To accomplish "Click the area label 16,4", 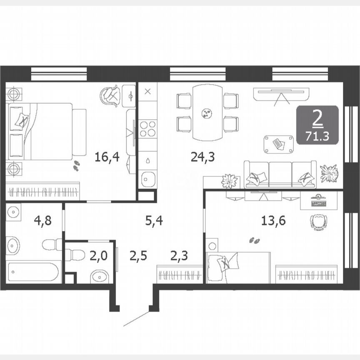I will point(107,157).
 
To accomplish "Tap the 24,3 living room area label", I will point(202,157).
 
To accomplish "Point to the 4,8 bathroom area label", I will point(42,221).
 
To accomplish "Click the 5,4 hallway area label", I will point(154,221).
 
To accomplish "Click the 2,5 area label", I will point(138,255).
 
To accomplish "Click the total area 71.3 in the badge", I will point(317,135).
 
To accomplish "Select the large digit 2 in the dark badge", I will point(317,119).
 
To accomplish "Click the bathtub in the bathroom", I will point(33,272).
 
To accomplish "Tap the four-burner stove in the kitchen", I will point(147,128).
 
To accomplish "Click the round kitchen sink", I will point(147,180).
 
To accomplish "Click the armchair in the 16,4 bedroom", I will point(110,95).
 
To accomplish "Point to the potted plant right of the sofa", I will point(329,172).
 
